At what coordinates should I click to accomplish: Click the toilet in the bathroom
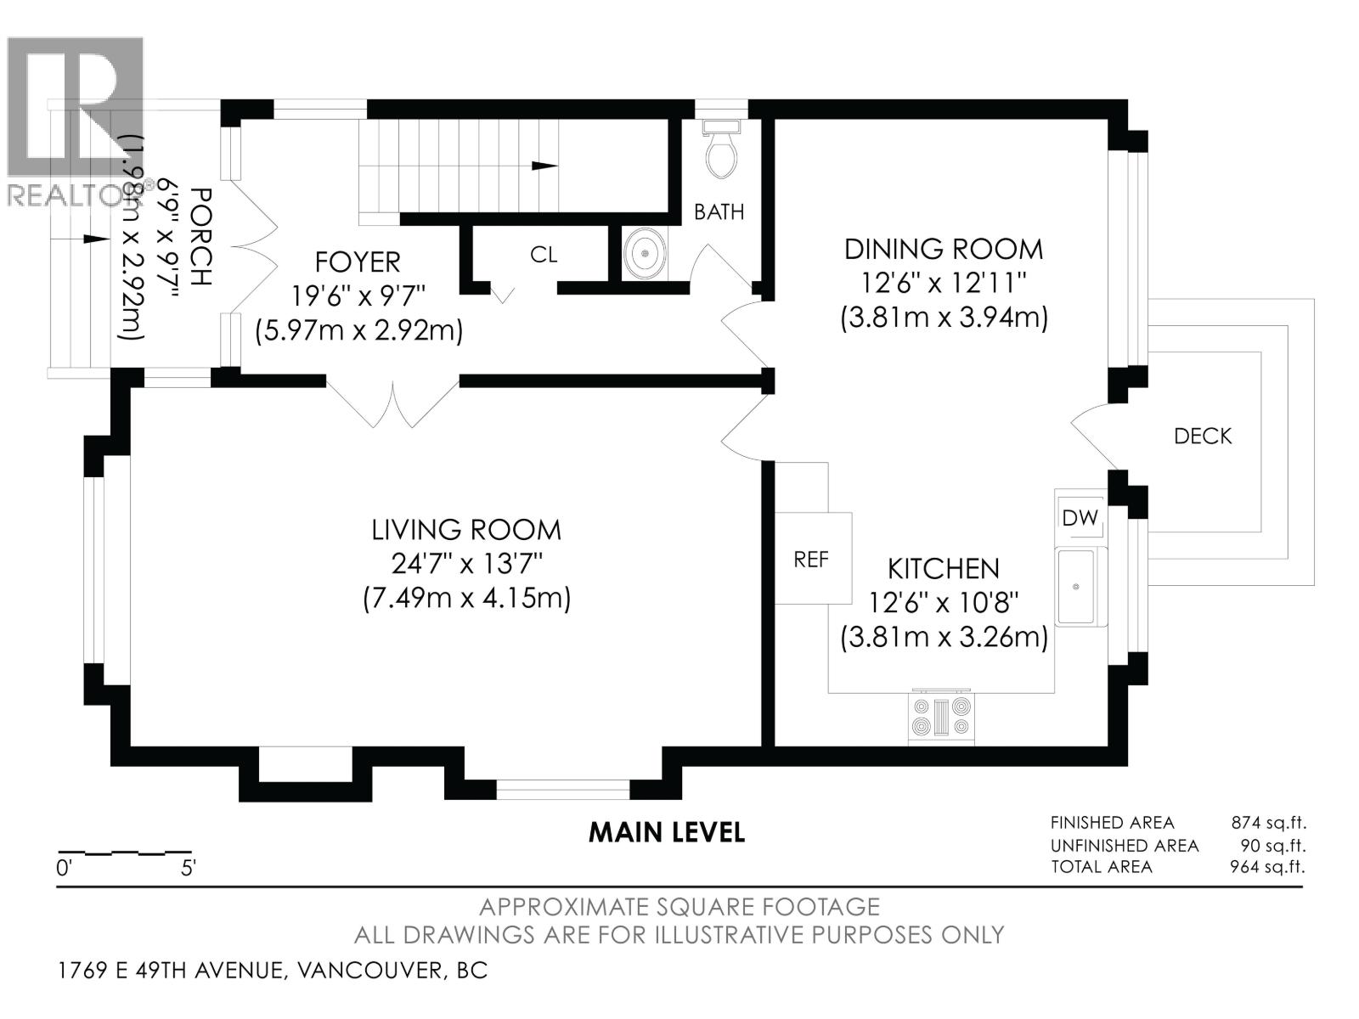point(722,150)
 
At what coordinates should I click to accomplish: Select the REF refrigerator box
point(812,559)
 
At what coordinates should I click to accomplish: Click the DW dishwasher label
point(1080,517)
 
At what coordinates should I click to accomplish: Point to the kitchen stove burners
point(941,716)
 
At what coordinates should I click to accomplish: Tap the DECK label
point(1203,436)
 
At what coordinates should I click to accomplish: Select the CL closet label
point(544,255)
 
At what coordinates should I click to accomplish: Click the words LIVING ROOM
point(466,530)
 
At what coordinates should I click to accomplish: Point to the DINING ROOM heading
point(943,249)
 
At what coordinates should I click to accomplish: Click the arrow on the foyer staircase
point(544,166)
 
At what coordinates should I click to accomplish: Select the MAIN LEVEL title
point(667,832)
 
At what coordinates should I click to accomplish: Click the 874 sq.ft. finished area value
point(1268,823)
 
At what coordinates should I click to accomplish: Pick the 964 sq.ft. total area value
point(1268,867)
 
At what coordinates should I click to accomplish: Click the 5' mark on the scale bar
point(188,868)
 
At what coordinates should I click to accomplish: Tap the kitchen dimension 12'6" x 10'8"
point(943,603)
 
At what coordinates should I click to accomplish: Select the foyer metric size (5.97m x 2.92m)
point(359,330)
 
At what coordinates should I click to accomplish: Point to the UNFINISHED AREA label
point(1125,846)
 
